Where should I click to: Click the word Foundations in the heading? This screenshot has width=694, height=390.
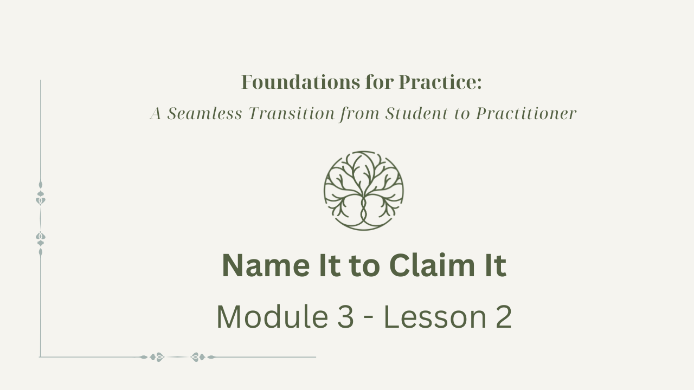coord(300,82)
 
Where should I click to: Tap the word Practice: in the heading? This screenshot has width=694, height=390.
coord(440,82)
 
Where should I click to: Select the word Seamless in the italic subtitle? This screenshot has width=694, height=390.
coord(204,113)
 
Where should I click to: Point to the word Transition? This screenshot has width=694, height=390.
coord(292,113)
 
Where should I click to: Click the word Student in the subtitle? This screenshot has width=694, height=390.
coord(417,113)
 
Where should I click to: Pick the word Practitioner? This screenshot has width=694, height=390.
coord(526,113)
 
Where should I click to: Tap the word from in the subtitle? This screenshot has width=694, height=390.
coord(359,114)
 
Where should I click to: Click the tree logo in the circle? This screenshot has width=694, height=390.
coord(364,191)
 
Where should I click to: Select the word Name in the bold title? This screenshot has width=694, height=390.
coord(266,265)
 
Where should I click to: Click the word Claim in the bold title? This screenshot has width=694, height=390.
coord(432,265)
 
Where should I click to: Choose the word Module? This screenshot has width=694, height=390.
coord(272,317)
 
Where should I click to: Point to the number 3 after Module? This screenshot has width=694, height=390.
coord(345,317)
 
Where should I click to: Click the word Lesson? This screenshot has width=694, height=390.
coord(435,317)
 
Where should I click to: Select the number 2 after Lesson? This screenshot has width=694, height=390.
coord(504,317)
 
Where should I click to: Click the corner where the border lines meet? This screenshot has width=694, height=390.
coord(40,357)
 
